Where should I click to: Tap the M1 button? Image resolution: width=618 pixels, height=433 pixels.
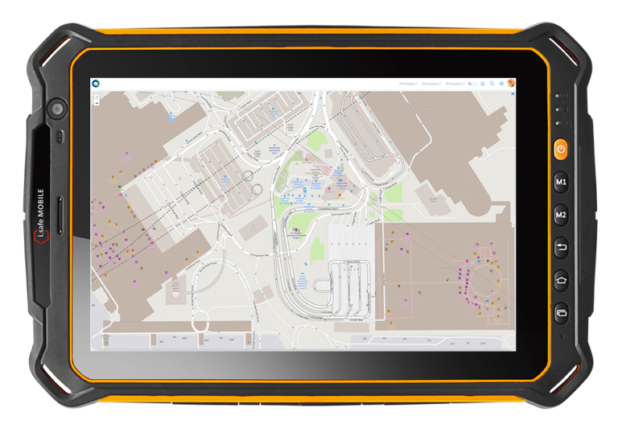(561, 184)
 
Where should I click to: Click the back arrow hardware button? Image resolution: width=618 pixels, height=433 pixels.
(561, 248)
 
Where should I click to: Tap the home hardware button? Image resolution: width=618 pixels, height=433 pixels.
(561, 280)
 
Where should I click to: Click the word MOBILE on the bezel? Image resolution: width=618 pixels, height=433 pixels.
(41, 206)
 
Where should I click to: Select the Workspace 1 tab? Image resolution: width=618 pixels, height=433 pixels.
(409, 83)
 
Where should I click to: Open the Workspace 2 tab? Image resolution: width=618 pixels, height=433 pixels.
(432, 83)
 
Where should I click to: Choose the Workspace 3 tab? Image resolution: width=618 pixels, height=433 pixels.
(455, 83)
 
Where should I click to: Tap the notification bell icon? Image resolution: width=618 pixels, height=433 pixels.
(483, 83)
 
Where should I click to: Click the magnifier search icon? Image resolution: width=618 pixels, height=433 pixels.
(492, 83)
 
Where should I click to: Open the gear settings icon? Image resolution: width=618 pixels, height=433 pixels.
(501, 83)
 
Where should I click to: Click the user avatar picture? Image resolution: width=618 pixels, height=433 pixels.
(511, 83)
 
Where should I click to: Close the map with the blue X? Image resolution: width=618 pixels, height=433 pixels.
(513, 93)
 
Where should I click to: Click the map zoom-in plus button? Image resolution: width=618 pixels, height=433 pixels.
(97, 96)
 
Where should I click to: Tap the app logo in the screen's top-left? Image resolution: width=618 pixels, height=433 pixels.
(96, 83)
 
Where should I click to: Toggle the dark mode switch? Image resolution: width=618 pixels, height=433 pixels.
(472, 83)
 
